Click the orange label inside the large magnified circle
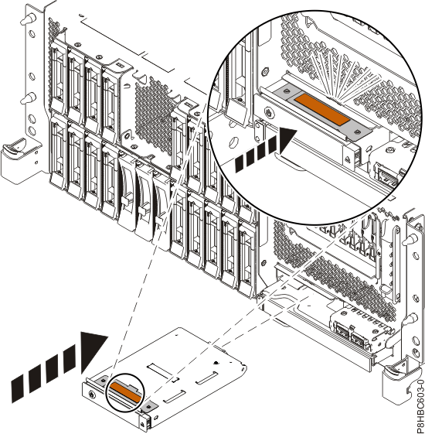click(x=322, y=109)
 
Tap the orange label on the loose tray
click(x=125, y=391)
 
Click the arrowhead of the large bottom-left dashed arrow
click(x=92, y=352)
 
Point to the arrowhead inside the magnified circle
click(x=287, y=141)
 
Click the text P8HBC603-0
click(x=420, y=406)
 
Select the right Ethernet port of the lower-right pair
click(x=359, y=339)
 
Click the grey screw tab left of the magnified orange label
click(x=285, y=91)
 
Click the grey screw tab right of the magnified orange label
click(x=359, y=132)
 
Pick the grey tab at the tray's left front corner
click(x=103, y=381)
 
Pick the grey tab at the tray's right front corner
click(x=149, y=406)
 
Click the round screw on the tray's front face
click(x=91, y=395)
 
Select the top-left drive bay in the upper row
click(x=59, y=77)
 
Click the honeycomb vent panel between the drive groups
click(x=154, y=116)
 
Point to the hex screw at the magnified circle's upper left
click(x=264, y=71)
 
